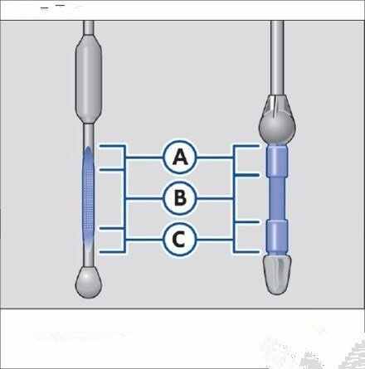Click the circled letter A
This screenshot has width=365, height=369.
point(180,157)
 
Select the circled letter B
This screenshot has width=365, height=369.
point(180,198)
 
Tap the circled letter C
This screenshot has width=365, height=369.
point(180,239)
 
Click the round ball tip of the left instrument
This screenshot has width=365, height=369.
point(89,282)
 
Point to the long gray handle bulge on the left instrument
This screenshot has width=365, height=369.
point(89,79)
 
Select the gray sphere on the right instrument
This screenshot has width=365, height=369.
point(277,127)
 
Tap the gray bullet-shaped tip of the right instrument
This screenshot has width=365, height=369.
point(277,274)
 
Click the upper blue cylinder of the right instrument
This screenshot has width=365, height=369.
point(277,161)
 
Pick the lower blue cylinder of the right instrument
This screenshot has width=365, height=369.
point(277,236)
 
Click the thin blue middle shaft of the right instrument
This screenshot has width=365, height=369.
point(277,198)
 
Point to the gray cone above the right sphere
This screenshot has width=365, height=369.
point(277,105)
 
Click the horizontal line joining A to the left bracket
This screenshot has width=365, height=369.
point(144,158)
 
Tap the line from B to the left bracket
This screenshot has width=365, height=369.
point(144,198)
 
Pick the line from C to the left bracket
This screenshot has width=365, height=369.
point(144,240)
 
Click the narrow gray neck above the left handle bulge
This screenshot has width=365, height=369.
point(89,27)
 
